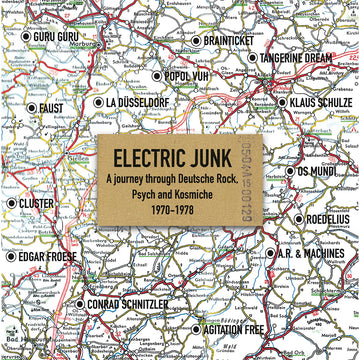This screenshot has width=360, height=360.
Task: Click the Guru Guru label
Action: tap(55, 36)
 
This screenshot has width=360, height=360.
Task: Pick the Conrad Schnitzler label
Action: tap(131, 303)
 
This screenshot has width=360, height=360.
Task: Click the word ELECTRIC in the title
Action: tap(151, 157)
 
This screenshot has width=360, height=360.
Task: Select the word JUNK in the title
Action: tap(214, 157)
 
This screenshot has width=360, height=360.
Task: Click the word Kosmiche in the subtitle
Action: tap(211, 196)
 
